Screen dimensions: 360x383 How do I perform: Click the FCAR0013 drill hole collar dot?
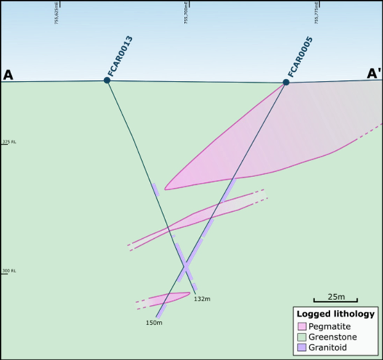107,80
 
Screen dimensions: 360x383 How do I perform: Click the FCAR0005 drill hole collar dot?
286,82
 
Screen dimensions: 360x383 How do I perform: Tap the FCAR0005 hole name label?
300,57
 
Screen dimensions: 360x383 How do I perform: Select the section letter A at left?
8,75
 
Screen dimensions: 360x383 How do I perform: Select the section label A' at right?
374,74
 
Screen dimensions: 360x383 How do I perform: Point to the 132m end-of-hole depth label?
202,299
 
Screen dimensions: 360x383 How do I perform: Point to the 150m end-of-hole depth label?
154,323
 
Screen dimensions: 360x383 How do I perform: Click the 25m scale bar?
335,300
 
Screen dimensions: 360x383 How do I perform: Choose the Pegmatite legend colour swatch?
301,326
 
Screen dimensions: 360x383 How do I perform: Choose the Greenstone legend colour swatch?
301,337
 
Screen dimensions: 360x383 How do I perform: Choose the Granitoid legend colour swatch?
301,347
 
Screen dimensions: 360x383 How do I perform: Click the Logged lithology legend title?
335,314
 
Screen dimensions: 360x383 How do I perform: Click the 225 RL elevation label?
9,142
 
